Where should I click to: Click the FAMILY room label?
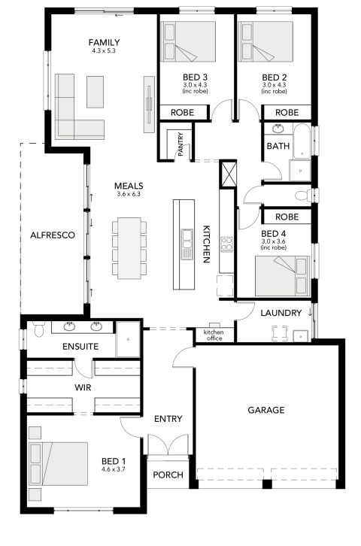tap(104, 42)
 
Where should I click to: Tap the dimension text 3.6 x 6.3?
tap(129, 194)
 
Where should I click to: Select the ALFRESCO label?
tap(53, 235)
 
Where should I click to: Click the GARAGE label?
tap(266, 410)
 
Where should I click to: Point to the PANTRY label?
tap(180, 144)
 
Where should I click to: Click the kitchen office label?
tap(214, 335)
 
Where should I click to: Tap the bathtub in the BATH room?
tap(302, 141)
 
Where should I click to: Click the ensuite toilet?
tap(39, 329)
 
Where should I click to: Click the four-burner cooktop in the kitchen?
tap(226, 244)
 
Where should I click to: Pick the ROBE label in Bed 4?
tap(287, 217)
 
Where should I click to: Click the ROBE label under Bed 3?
tap(183, 113)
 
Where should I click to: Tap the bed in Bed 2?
tap(265, 42)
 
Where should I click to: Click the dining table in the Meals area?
tap(129, 248)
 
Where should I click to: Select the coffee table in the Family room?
tap(95, 93)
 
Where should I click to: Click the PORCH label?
tap(168, 475)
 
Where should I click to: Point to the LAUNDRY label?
tap(281, 313)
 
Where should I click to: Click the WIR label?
tap(83, 387)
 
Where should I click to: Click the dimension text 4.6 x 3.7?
tap(114, 469)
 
